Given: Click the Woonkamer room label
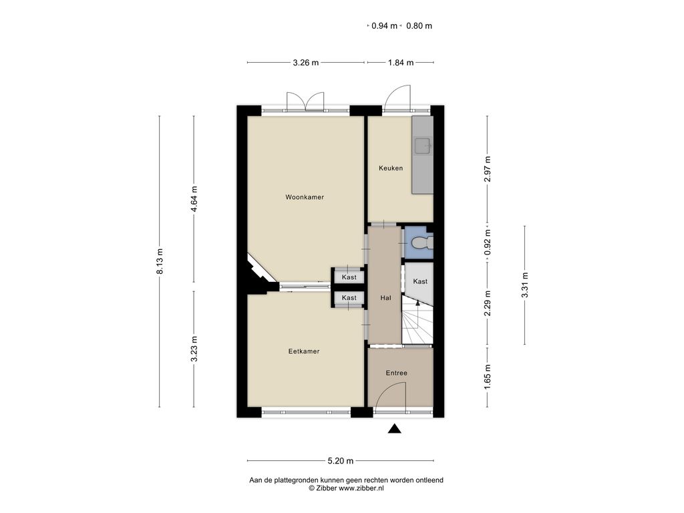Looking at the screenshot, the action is (x=305, y=197).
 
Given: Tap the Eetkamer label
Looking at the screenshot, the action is (x=304, y=351).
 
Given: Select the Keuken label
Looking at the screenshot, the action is (x=390, y=168).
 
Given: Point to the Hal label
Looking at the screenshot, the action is (x=385, y=298).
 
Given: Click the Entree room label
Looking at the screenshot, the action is (x=396, y=373).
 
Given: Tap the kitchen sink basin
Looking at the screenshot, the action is (x=423, y=146).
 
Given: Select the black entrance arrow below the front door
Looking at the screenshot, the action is (x=394, y=429).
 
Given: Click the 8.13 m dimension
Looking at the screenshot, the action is (x=160, y=261).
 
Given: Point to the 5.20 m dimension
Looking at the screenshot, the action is (x=340, y=461).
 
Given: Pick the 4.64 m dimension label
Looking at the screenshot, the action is (x=194, y=199).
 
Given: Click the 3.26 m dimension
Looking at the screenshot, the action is (x=305, y=63).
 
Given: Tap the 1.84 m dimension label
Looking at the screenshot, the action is (x=401, y=63).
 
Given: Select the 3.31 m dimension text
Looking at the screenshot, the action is (x=525, y=285).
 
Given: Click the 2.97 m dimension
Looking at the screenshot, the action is (x=488, y=169).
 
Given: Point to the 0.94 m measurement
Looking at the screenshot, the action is (x=384, y=26).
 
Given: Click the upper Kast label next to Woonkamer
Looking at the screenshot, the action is (x=349, y=277).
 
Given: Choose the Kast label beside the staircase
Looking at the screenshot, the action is (x=420, y=281).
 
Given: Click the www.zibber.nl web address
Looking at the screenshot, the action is (x=361, y=488).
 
